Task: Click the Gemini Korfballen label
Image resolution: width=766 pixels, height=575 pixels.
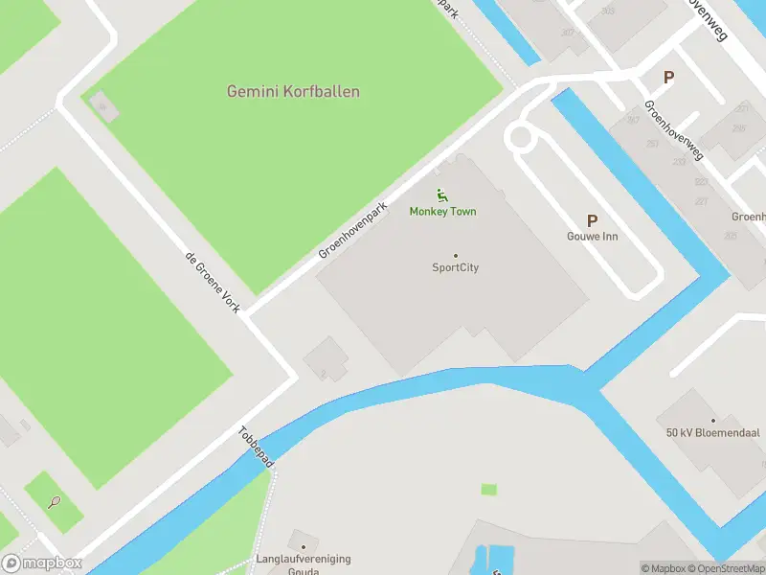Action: [x=293, y=92]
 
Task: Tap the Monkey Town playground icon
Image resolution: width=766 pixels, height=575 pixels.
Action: [x=442, y=195]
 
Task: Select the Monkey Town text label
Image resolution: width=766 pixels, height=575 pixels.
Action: [x=442, y=212]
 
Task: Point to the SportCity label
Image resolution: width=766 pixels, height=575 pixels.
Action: [x=455, y=268]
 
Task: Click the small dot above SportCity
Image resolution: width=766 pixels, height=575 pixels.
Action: [x=455, y=256]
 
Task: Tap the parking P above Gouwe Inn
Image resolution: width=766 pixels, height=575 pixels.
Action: [x=593, y=220]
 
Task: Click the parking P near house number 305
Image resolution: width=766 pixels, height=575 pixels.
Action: [x=668, y=78]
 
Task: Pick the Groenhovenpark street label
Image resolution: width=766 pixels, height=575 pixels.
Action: [x=353, y=230]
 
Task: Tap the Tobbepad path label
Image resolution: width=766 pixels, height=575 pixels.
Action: [x=256, y=448]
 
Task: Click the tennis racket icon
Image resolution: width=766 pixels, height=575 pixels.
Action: [x=54, y=501]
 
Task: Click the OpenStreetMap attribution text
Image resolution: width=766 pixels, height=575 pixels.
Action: [x=729, y=569]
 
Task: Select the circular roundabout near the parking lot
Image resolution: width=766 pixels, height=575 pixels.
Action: [x=520, y=137]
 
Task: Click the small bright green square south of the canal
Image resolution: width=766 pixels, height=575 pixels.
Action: [x=489, y=490]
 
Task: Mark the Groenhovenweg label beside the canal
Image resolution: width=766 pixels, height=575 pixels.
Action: [x=674, y=131]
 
